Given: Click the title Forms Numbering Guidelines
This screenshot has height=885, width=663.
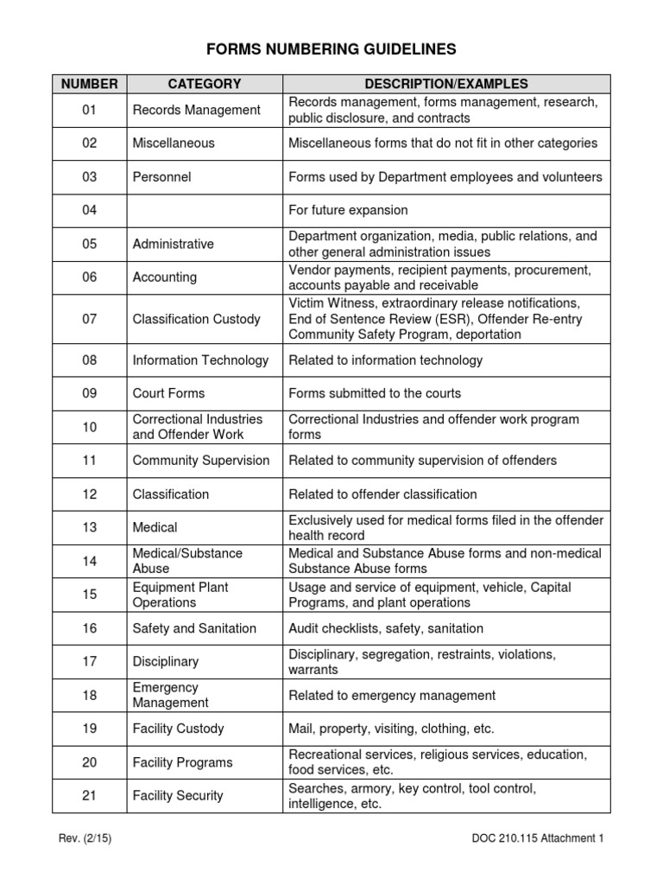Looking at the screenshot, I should click(x=331, y=49).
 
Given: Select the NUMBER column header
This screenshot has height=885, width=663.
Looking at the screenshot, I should click(x=90, y=84).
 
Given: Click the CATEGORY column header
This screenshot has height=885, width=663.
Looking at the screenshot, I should click(x=205, y=84).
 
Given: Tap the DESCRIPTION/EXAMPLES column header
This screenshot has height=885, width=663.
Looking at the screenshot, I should click(x=446, y=84).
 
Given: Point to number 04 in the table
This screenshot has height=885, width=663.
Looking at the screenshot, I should click(x=90, y=210).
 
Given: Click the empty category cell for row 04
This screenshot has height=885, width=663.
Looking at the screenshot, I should click(x=205, y=210).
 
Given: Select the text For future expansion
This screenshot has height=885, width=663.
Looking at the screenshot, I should click(x=348, y=210).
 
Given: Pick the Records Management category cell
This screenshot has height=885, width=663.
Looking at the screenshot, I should click(x=196, y=110).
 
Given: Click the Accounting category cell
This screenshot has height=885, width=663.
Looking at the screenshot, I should click(x=164, y=277).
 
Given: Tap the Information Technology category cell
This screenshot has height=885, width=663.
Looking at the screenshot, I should click(x=200, y=360).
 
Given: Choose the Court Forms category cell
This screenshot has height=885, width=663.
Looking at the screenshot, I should click(x=168, y=393).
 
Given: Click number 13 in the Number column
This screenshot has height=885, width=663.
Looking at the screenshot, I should click(x=90, y=527).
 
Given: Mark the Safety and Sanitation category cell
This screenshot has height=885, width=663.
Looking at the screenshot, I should click(x=194, y=628).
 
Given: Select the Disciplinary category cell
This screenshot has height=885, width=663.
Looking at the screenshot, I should click(x=165, y=661).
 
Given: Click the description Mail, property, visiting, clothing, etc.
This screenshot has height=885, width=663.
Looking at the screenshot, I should click(x=391, y=729).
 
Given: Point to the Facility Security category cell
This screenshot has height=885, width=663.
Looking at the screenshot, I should click(x=177, y=795).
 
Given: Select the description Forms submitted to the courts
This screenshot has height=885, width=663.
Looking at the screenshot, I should click(x=375, y=393).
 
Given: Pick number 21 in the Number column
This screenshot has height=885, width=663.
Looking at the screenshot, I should click(x=90, y=795).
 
